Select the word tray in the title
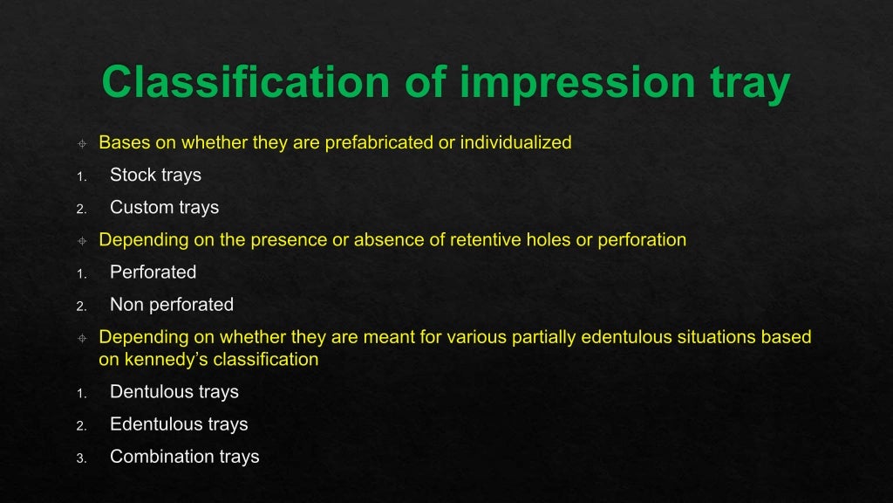[746, 83]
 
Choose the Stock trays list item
[155, 175]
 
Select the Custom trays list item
[164, 207]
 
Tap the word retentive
[484, 239]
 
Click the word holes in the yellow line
[548, 239]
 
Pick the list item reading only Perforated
[153, 272]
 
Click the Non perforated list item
[172, 305]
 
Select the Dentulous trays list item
[174, 392]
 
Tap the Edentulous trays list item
[179, 424]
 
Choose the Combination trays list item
[184, 457]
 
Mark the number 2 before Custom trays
[80, 209]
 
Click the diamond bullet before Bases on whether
[81, 143]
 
